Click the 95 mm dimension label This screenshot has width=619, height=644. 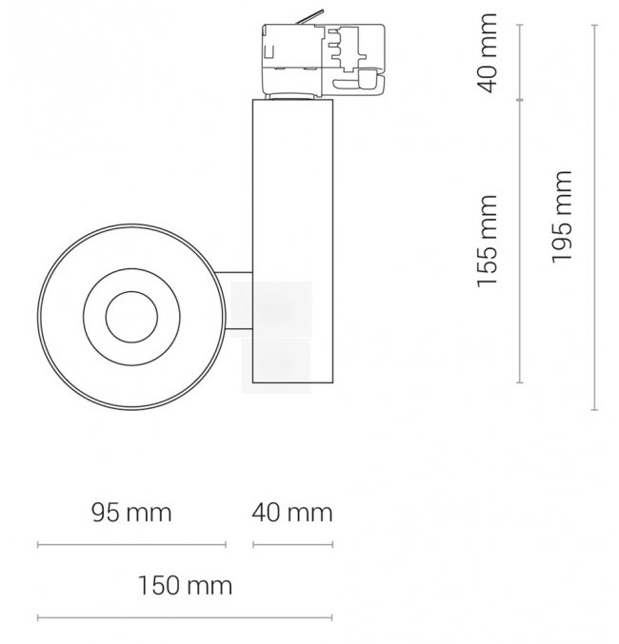131,513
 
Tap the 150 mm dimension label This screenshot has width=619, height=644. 185,585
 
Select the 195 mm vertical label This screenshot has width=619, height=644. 562,217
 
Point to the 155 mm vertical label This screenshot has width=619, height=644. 487,241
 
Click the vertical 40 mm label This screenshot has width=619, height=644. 487,53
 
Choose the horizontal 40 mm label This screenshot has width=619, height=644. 292,513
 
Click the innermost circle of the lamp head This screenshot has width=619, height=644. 131,317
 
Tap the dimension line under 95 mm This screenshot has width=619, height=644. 131,545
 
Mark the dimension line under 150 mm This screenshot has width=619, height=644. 185,617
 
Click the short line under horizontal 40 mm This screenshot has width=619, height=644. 293,545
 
